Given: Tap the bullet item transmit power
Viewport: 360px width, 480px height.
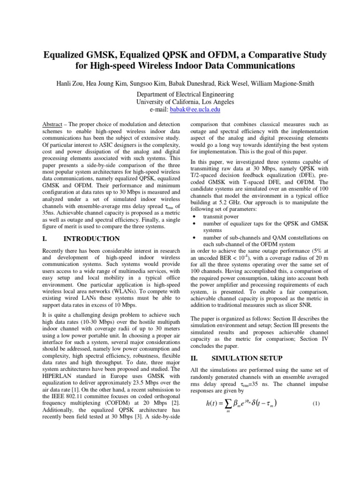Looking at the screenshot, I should [221, 217].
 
